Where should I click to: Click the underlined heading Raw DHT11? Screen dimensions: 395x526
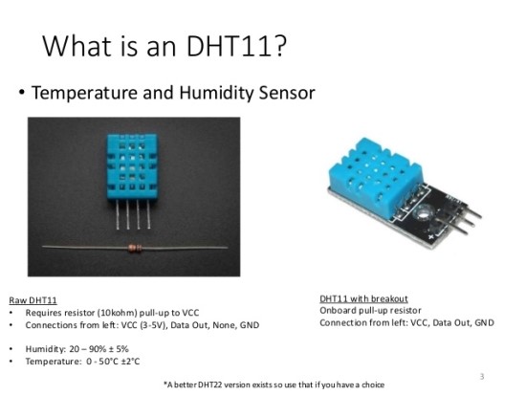[x=34, y=300]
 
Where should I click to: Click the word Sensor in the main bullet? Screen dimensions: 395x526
[x=287, y=94]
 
